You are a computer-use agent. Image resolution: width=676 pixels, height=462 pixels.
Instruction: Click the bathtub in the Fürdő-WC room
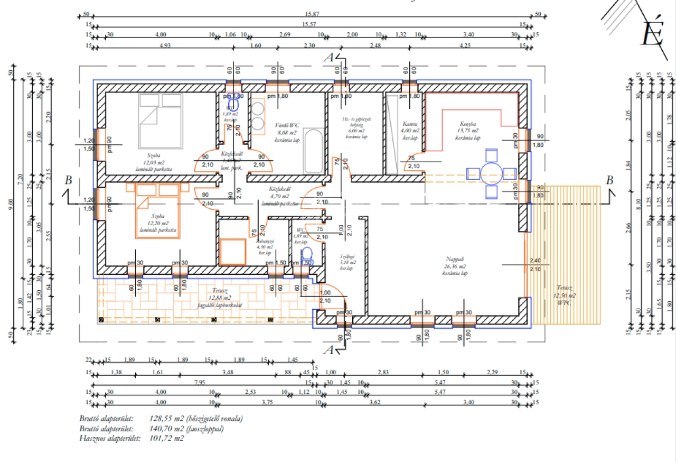click(315, 151)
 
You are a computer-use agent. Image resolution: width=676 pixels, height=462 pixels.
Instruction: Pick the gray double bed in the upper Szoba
click(161, 121)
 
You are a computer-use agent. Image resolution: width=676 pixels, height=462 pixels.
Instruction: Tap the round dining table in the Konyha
click(492, 173)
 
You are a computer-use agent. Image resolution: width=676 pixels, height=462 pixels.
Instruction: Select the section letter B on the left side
click(68, 180)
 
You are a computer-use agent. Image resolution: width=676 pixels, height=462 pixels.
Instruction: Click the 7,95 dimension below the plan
click(200, 382)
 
